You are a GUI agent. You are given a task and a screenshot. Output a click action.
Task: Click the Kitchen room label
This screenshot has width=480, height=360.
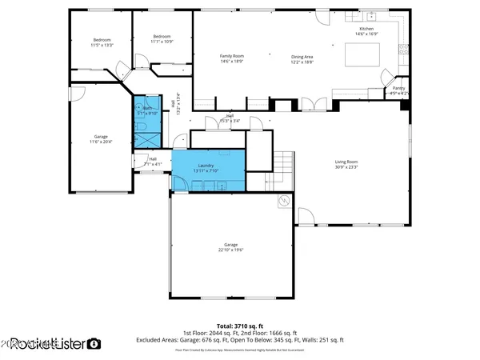365,31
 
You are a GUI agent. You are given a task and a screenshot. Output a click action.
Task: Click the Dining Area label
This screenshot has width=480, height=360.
302,58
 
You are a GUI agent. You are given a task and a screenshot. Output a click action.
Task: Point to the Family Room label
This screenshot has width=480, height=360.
232,58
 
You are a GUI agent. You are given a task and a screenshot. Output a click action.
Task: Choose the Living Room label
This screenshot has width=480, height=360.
346,165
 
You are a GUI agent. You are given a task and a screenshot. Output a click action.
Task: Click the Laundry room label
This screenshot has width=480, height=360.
206,167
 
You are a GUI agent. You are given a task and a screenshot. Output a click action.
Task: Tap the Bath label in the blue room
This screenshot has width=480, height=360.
147,110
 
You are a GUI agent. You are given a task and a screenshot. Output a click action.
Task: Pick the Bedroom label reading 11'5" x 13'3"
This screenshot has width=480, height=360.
102,42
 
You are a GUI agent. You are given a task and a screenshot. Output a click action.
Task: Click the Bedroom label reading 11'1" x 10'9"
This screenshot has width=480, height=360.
162,38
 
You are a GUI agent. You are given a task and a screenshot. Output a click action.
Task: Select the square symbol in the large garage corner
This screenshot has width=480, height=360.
282,202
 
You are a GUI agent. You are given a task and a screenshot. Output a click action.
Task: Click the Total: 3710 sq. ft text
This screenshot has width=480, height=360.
240,326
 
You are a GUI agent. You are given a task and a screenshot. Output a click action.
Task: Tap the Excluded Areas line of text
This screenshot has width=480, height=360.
240,340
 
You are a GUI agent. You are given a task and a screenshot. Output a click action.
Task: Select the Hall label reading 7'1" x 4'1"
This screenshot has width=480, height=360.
152,161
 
